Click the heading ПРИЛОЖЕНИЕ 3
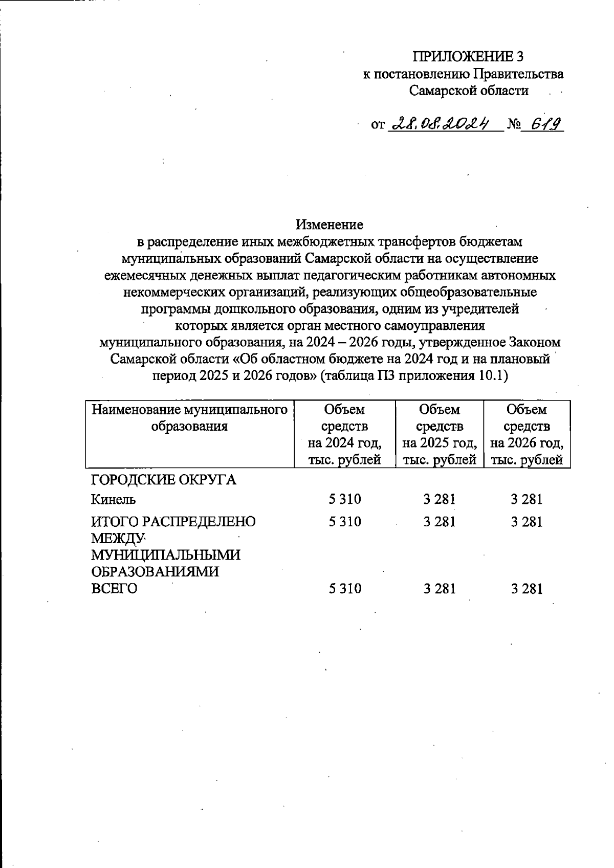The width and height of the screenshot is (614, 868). [469, 57]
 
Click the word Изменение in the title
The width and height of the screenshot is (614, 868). [330, 225]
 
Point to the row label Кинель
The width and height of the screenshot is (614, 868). [113, 499]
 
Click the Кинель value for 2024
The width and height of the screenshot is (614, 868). [345, 499]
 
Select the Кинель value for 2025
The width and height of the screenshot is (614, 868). [440, 499]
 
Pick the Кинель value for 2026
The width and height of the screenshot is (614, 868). [527, 499]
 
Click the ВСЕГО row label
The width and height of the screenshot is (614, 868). [114, 589]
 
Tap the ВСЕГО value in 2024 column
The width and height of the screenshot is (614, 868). [345, 589]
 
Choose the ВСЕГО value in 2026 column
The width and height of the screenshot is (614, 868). [527, 589]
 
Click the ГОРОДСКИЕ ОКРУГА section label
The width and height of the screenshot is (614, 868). [163, 480]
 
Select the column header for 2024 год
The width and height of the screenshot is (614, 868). [344, 434]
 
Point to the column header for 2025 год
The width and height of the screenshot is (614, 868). [440, 434]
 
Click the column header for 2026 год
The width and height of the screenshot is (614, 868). [527, 434]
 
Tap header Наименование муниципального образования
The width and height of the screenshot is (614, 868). [189, 418]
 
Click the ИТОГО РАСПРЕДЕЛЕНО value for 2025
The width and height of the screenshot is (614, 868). [440, 522]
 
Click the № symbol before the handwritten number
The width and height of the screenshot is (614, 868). [513, 125]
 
